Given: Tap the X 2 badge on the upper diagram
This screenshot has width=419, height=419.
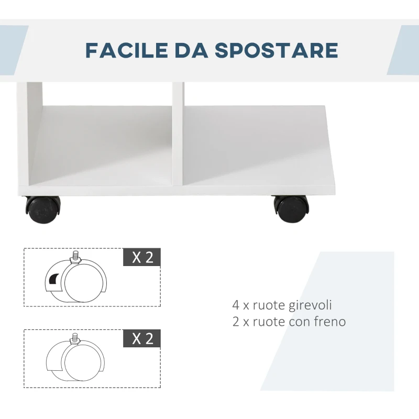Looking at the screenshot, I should click(141, 258).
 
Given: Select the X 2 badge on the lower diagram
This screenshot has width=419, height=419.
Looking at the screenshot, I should click(141, 338).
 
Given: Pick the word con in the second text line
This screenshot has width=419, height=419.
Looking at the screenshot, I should click(299, 321).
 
